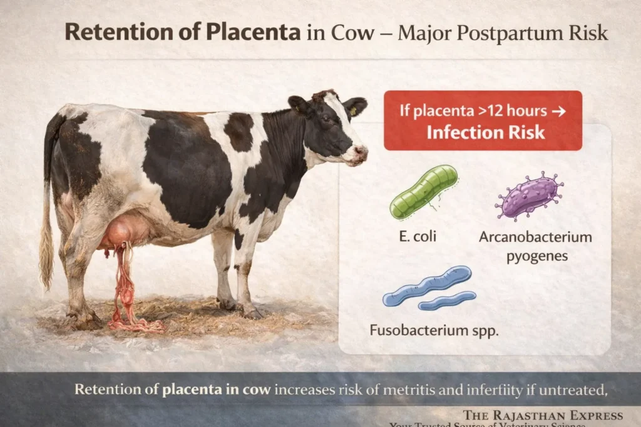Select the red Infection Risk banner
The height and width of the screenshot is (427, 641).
tap(483, 121)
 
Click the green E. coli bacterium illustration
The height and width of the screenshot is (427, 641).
tap(424, 191)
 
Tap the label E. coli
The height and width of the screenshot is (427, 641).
tap(416, 237)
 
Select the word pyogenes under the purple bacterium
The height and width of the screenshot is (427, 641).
tap(535, 256)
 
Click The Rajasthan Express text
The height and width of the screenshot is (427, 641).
tap(543, 416)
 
